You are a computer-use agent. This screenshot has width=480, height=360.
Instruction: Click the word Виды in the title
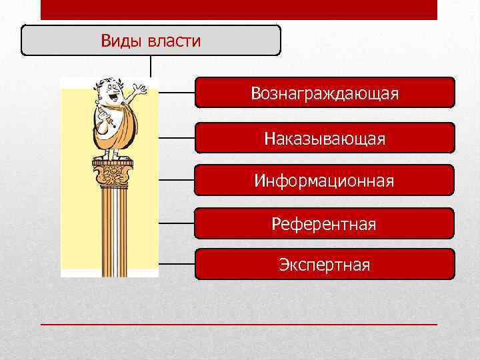pos(117,41)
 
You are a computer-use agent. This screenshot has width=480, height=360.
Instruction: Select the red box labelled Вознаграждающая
pos(325,93)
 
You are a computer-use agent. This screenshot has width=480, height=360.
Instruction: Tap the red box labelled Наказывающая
pos(325,139)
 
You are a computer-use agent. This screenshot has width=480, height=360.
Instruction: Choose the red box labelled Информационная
pos(324,181)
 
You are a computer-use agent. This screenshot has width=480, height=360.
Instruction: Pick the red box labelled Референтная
pos(324,224)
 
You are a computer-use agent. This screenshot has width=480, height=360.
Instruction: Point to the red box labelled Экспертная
pos(324,265)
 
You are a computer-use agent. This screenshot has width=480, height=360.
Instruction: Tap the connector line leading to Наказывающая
pos(177,138)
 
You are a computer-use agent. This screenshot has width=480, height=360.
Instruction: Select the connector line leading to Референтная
pos(177,223)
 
